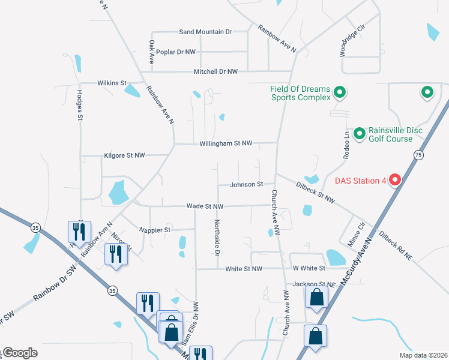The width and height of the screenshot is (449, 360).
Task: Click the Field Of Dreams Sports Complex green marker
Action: [x=339, y=92]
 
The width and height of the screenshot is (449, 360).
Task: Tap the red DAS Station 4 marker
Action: [x=395, y=179]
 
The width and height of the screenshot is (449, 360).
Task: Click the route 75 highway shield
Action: [x=417, y=154]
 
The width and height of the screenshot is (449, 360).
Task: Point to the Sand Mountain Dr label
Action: [x=205, y=31]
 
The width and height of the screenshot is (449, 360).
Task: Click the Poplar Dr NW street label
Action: [x=175, y=52]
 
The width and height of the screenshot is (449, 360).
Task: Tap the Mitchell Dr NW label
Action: [x=215, y=71]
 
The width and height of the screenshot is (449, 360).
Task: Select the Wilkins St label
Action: [x=112, y=83]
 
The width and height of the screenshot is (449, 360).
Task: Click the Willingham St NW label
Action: [x=226, y=143]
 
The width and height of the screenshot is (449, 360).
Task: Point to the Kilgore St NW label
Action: [x=124, y=155]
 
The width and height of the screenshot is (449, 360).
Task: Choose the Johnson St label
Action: [x=247, y=184]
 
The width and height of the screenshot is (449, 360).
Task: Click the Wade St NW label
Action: [x=205, y=206]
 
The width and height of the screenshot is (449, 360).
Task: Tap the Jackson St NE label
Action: [x=313, y=284]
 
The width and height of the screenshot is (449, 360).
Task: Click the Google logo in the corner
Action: [x=20, y=353]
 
